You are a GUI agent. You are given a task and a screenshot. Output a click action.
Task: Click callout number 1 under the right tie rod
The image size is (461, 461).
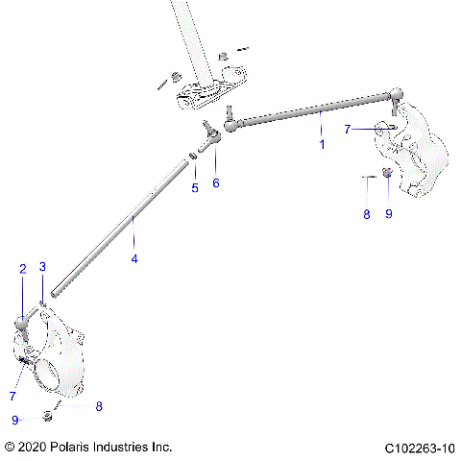(322, 145)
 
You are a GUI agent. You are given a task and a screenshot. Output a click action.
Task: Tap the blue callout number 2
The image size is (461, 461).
(22, 269)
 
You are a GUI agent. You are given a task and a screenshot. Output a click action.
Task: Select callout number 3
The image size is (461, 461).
(42, 266)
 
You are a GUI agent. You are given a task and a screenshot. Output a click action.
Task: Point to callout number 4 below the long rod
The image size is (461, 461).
(134, 259)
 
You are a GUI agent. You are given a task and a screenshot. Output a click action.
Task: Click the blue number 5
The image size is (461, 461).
(195, 187)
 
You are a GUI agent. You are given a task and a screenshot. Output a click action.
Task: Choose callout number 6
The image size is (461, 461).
(216, 182)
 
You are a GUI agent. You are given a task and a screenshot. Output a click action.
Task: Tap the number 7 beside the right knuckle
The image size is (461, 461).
(349, 129)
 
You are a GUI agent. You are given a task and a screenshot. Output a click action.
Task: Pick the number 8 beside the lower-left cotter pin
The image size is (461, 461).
(98, 406)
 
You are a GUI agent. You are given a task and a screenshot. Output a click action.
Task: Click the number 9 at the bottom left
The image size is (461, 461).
(15, 420)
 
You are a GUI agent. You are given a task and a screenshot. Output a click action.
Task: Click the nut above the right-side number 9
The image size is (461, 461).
(386, 173)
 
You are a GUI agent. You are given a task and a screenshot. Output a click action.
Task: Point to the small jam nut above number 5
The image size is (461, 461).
(192, 156)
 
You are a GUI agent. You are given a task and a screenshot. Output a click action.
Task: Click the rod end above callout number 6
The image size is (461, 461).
(211, 133)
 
